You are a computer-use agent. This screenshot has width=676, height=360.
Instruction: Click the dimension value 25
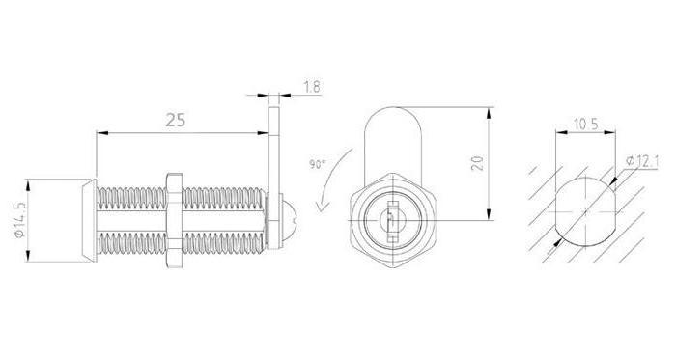(x=176, y=120)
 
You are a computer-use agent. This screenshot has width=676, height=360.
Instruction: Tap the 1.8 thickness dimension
(x=312, y=88)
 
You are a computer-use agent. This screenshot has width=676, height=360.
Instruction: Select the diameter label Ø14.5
(x=19, y=220)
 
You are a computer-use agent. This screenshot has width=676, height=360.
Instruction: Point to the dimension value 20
(x=478, y=163)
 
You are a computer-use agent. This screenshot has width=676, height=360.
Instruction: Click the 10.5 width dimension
(x=585, y=125)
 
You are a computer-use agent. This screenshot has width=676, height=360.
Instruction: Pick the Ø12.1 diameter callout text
(x=642, y=161)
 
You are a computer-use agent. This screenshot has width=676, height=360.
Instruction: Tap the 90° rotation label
(x=318, y=164)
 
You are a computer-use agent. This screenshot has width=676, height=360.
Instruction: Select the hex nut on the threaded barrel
(x=174, y=220)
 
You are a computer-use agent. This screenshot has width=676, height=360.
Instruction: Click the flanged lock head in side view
(x=89, y=220)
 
